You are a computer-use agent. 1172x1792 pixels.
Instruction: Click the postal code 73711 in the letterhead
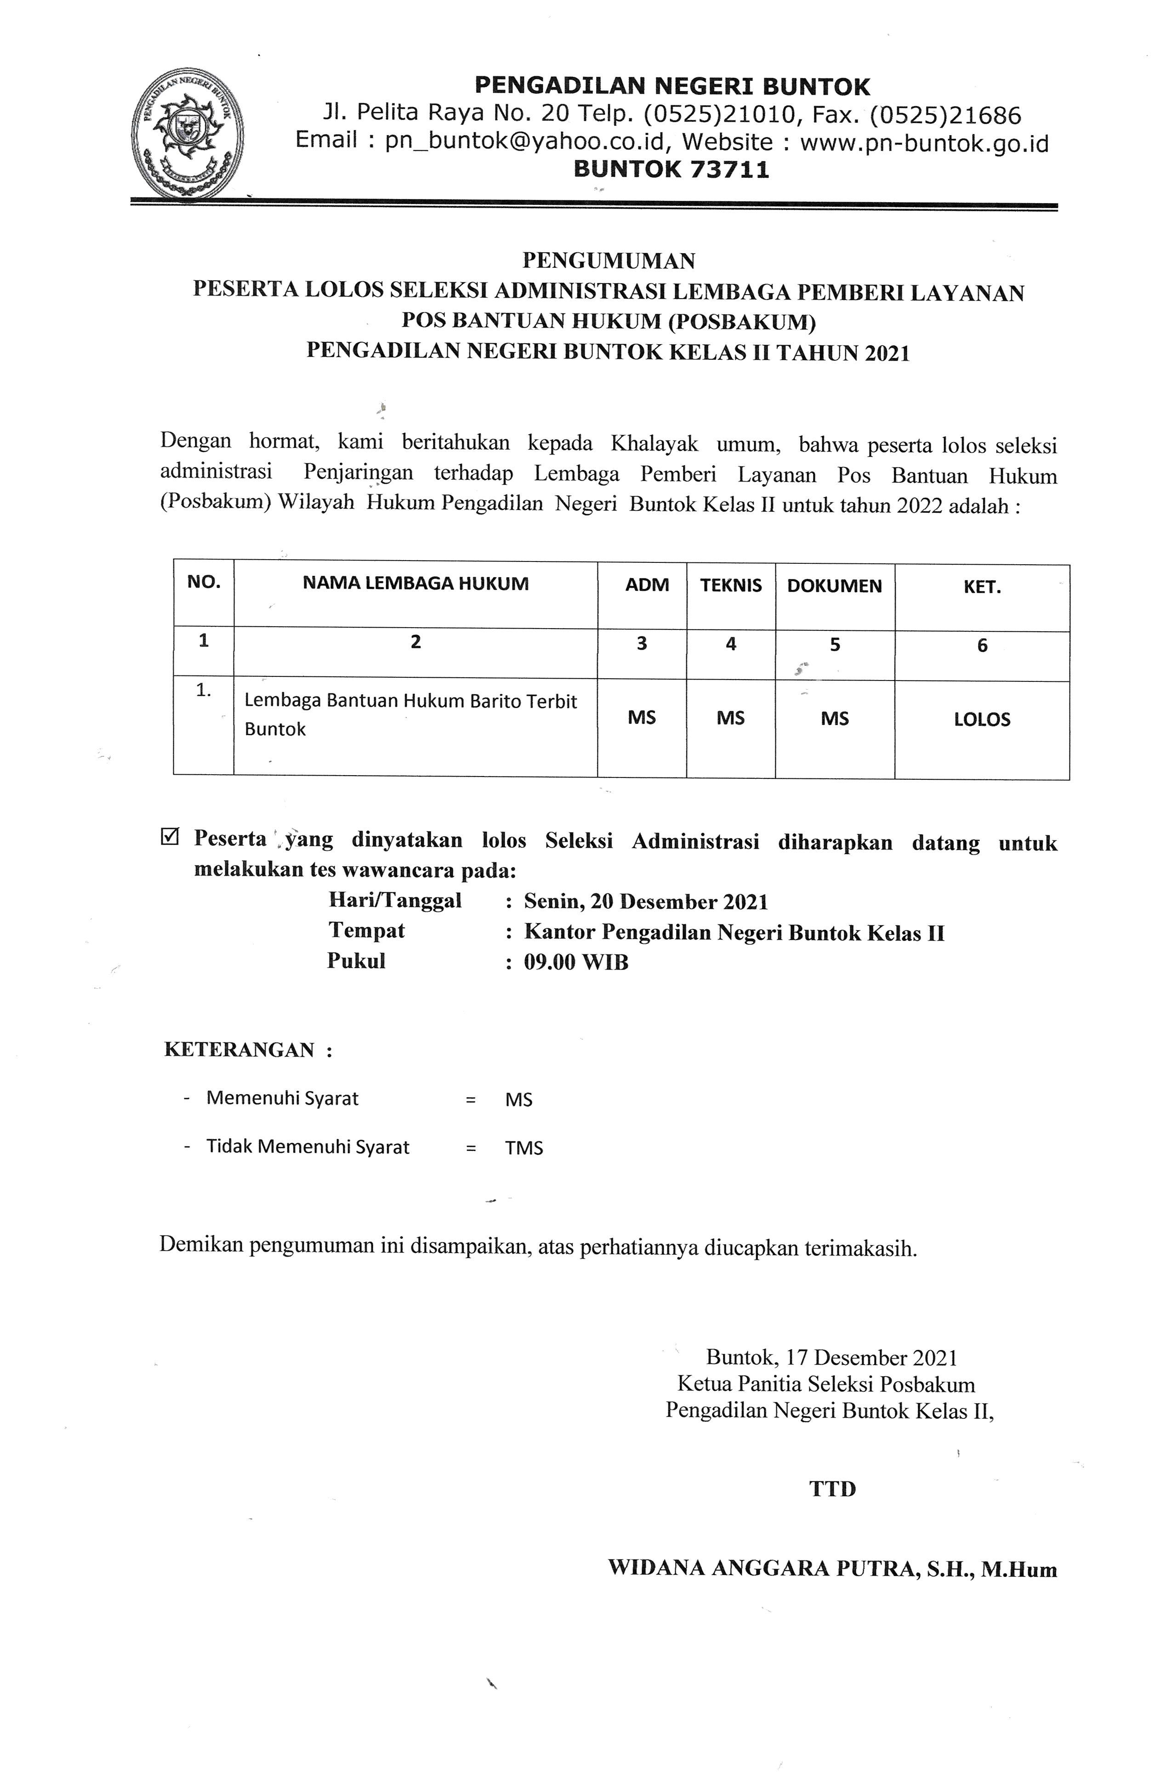click(729, 170)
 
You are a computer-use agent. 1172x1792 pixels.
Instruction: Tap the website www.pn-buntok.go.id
click(923, 142)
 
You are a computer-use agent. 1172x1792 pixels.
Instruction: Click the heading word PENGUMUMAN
click(609, 261)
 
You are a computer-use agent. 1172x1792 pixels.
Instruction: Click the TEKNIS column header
click(731, 585)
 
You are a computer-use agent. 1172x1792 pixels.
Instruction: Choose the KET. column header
click(981, 587)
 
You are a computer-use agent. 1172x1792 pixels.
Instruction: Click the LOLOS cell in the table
click(981, 719)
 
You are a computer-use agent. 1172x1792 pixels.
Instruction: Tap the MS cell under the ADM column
click(642, 718)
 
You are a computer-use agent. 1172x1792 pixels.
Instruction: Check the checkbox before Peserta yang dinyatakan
click(170, 837)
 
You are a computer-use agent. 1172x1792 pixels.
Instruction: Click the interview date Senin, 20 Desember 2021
click(645, 901)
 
